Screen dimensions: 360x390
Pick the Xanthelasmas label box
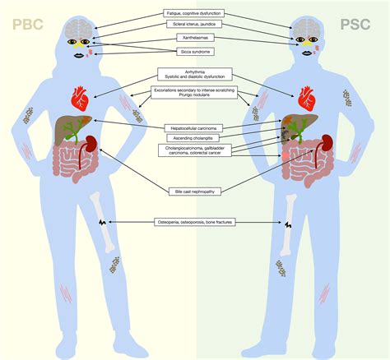pyautogui.click(x=196, y=39)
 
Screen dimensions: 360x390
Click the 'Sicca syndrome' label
pyautogui.click(x=196, y=51)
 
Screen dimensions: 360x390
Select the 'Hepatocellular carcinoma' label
pyautogui.click(x=195, y=128)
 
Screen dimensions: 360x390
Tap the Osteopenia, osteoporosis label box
pyautogui.click(x=195, y=221)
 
